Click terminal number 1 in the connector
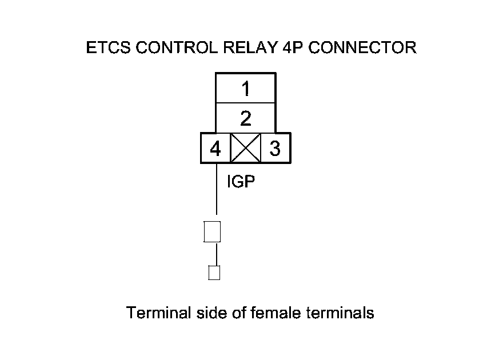[x=245, y=89]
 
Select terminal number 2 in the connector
[x=245, y=119]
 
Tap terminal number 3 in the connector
[x=275, y=149]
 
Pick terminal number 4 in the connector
[x=215, y=149]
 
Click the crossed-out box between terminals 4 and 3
[x=245, y=149]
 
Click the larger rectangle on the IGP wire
[x=213, y=231]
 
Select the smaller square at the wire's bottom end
[x=214, y=273]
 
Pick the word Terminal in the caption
[x=151, y=313]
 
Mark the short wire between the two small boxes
[x=216, y=254]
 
